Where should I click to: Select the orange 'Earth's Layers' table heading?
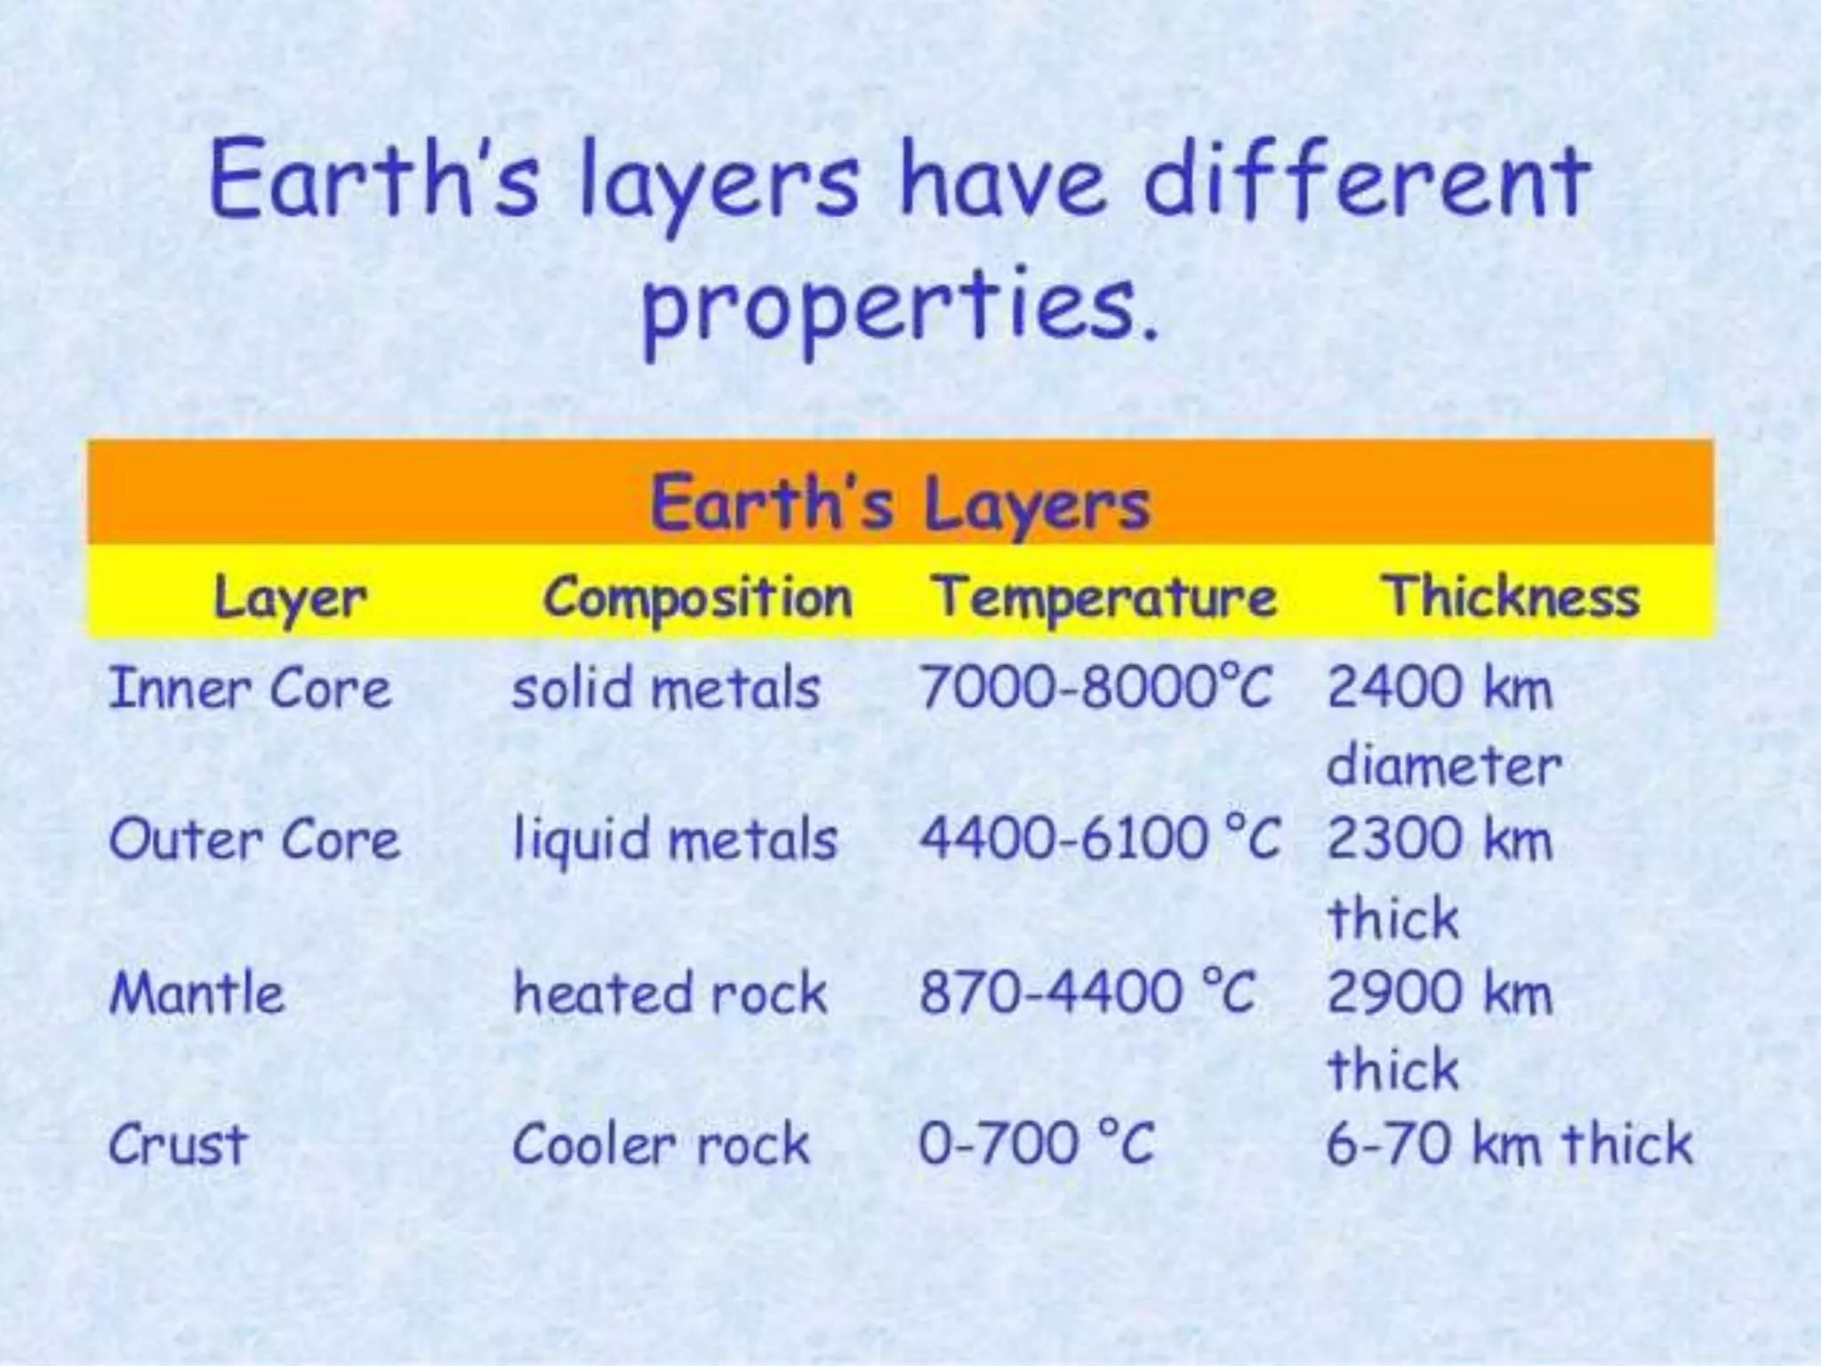pos(900,503)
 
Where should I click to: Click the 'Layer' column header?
pos(290,598)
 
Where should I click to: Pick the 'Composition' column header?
pos(698,598)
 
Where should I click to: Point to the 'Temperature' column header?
pos(1105,598)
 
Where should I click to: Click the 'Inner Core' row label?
pos(250,689)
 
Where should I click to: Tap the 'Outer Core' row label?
pos(254,840)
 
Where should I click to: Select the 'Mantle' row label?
pos(197,992)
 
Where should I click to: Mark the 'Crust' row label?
pos(177,1145)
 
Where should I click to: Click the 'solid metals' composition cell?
pos(666,689)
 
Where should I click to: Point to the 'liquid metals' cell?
pos(676,840)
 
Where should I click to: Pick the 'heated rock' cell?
pos(670,992)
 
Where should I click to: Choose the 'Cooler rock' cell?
pos(662,1145)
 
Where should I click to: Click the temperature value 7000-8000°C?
pos(1096,689)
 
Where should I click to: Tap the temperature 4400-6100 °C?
pos(1099,840)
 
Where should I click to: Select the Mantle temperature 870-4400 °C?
pos(1087,992)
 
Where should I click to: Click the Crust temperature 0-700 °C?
pos(1037,1145)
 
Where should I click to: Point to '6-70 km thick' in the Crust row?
pos(1509,1145)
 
